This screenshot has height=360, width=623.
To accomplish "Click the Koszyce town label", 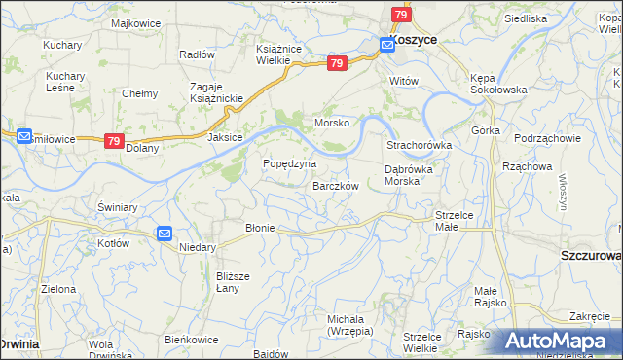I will pyautogui.click(x=415, y=41).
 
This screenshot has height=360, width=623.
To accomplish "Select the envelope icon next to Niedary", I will pyautogui.click(x=165, y=234).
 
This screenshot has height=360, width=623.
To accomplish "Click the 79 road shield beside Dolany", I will pyautogui.click(x=115, y=141).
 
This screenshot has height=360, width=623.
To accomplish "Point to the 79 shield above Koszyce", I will pyautogui.click(x=401, y=15).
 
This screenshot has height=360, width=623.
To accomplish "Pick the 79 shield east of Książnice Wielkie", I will pyautogui.click(x=337, y=63).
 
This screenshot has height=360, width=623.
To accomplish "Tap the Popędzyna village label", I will pyautogui.click(x=290, y=163).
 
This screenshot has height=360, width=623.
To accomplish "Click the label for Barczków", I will pyautogui.click(x=336, y=186).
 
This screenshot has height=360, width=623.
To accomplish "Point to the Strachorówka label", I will pyautogui.click(x=420, y=145).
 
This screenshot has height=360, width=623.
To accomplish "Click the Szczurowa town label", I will pyautogui.click(x=591, y=255).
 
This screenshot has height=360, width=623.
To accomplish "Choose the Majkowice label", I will pyautogui.click(x=135, y=22).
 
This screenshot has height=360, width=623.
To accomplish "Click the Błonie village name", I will pyautogui.click(x=261, y=228).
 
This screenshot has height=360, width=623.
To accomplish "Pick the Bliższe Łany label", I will pyautogui.click(x=233, y=282).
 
